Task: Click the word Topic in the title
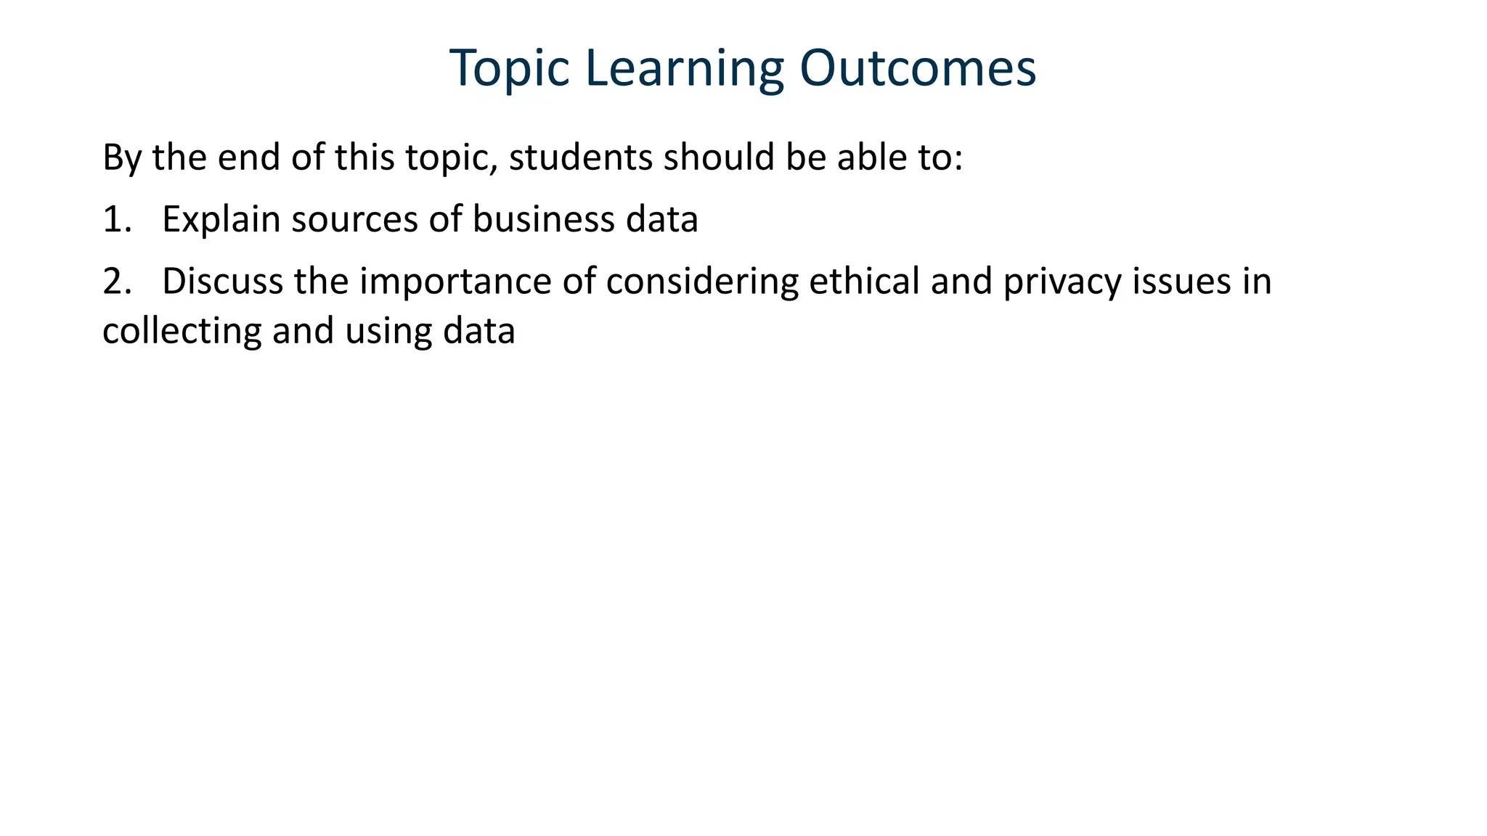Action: coord(509,69)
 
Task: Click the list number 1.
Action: coord(116,219)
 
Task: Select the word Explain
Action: coord(221,219)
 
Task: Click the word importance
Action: coord(455,282)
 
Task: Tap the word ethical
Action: coord(864,282)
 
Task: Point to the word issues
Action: coord(1181,282)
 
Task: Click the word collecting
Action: coord(182,331)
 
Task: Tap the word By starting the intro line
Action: coord(121,157)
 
